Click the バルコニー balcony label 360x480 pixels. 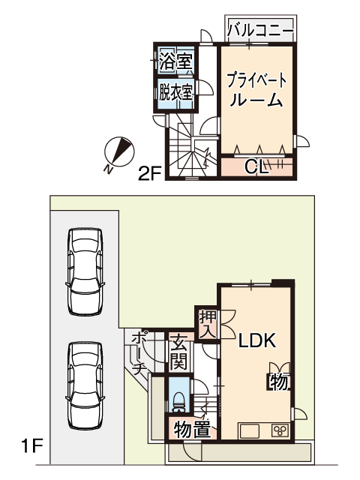(x=260, y=30)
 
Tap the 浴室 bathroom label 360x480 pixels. (x=176, y=61)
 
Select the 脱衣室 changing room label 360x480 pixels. (x=175, y=91)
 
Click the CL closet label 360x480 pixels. (x=256, y=167)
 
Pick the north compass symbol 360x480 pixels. (x=118, y=152)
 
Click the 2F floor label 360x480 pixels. (x=149, y=174)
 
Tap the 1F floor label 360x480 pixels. (x=31, y=446)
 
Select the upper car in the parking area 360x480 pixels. (x=85, y=271)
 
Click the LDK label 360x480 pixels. (x=257, y=340)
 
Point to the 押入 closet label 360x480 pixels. (x=208, y=324)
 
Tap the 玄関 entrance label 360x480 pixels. (x=178, y=352)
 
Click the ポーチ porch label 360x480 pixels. (x=138, y=352)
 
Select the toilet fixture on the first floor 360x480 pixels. (x=179, y=402)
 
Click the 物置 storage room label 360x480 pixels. (x=192, y=430)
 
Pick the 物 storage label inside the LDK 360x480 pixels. (x=278, y=382)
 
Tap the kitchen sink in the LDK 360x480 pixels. (x=250, y=431)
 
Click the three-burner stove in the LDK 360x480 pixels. (x=280, y=430)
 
